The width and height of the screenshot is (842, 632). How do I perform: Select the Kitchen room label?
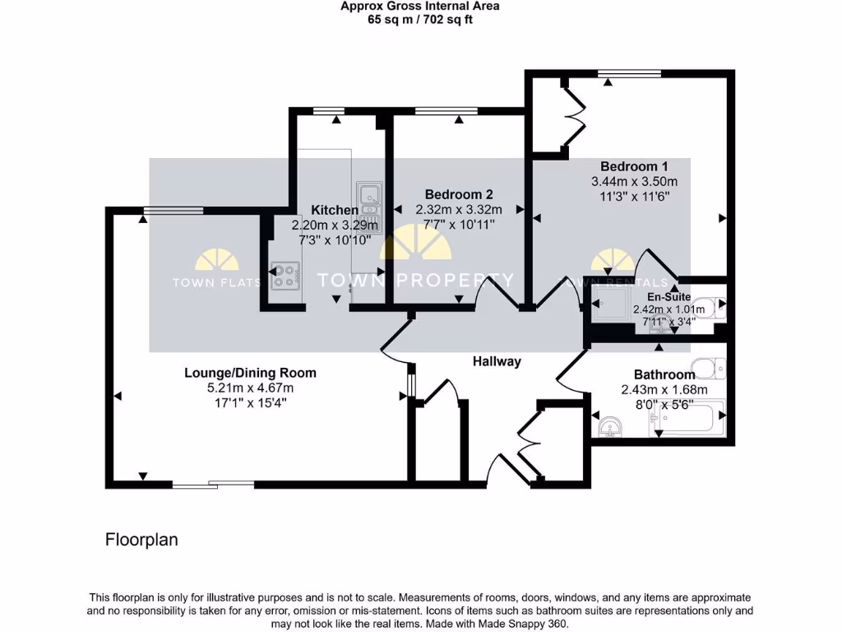(334, 211)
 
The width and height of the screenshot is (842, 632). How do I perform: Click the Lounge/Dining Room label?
(250, 373)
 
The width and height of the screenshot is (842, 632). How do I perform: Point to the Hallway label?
(497, 361)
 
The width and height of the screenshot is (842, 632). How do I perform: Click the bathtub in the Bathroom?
(689, 417)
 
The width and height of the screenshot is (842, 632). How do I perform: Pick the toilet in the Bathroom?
(709, 368)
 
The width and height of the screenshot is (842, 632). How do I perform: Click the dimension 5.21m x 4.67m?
(250, 388)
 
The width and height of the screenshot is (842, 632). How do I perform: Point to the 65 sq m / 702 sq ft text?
(420, 20)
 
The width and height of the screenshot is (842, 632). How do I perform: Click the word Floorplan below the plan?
(141, 540)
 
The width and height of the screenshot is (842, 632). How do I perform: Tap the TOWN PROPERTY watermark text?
(415, 281)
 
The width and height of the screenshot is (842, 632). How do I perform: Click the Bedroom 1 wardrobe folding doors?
(573, 115)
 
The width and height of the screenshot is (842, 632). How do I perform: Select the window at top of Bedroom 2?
(446, 110)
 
